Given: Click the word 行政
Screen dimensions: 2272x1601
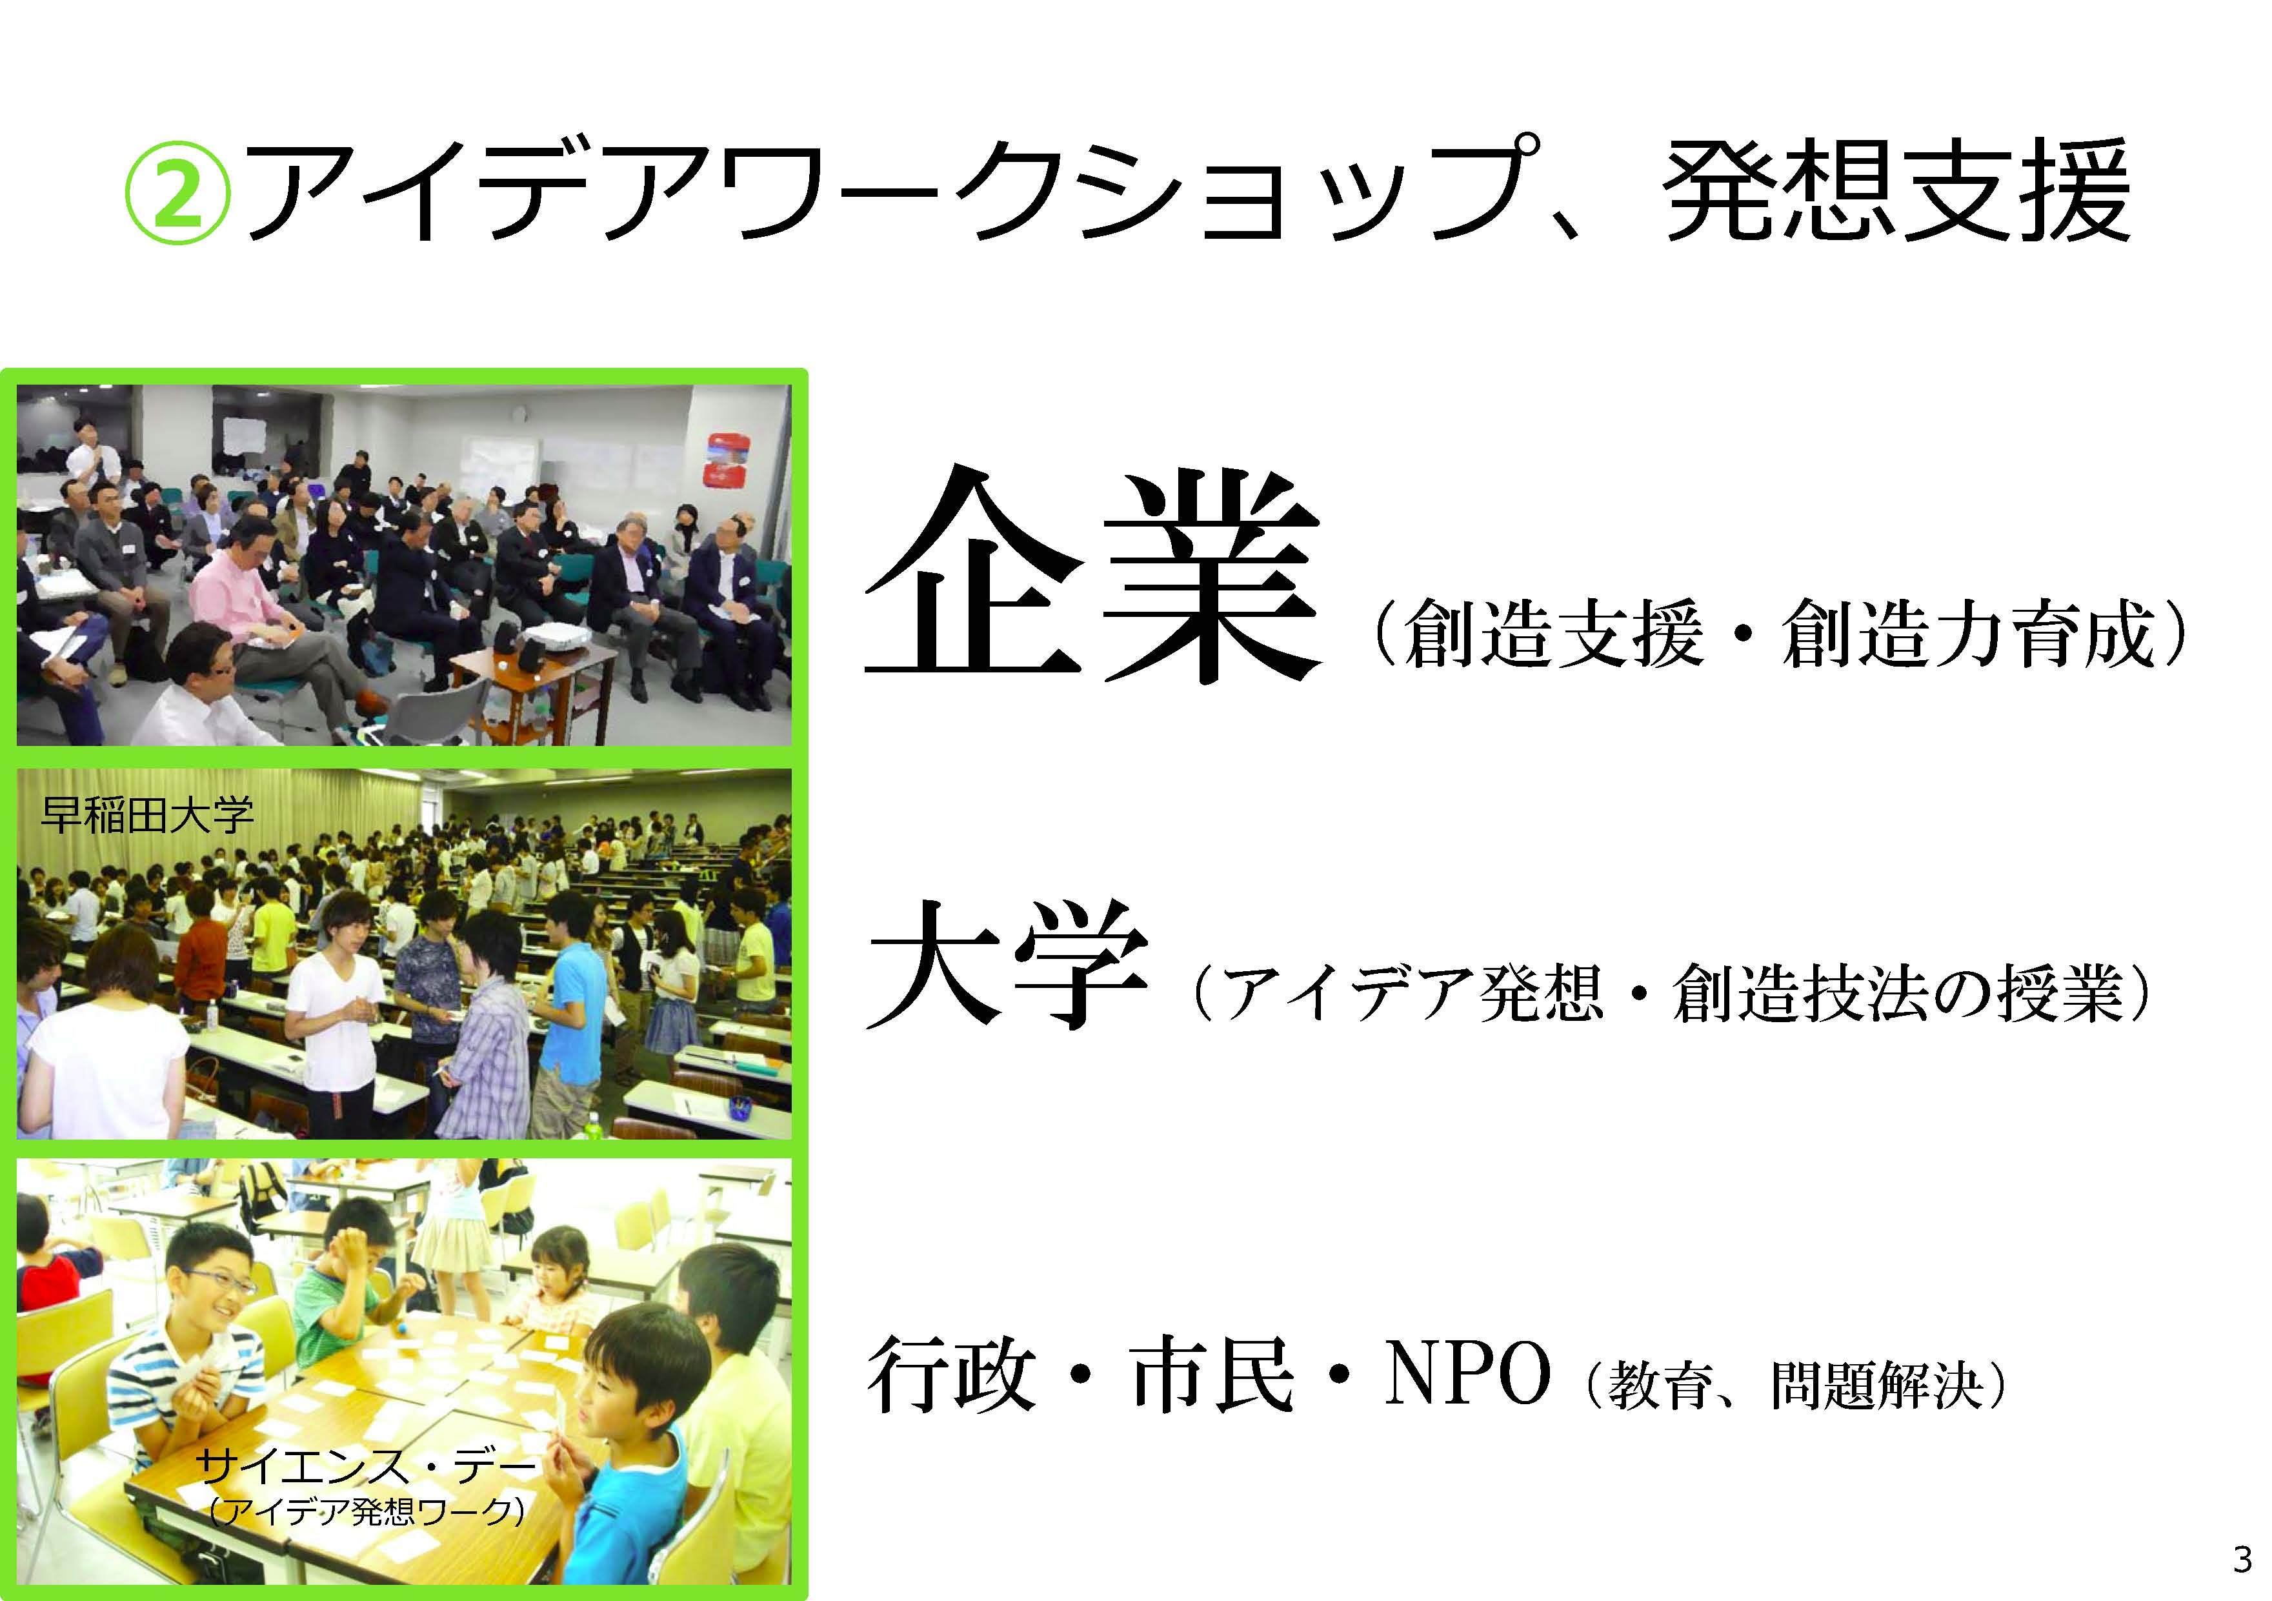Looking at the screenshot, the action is coord(951,1374).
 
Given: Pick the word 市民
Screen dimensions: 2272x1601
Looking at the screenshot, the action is coord(1213,1374).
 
